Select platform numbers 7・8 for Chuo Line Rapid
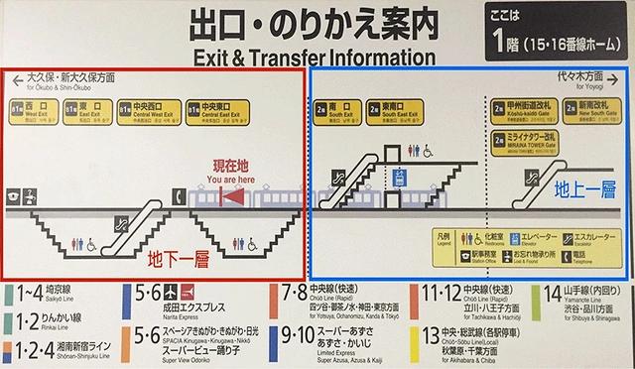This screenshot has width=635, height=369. [297, 294]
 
